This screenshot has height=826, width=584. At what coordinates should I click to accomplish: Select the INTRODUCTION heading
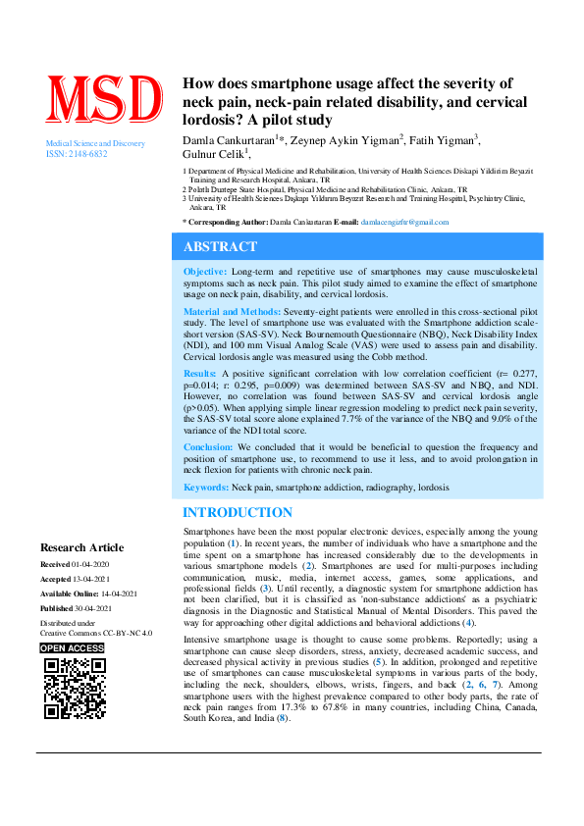click(x=238, y=513)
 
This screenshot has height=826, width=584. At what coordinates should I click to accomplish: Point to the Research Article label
click(x=81, y=547)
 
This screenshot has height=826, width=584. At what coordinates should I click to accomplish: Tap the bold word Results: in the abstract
click(x=200, y=374)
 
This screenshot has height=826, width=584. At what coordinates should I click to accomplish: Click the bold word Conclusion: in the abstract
click(x=209, y=446)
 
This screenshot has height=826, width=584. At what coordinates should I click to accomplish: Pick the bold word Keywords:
click(x=205, y=488)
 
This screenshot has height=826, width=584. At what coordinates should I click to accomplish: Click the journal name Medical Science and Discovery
click(x=95, y=144)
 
